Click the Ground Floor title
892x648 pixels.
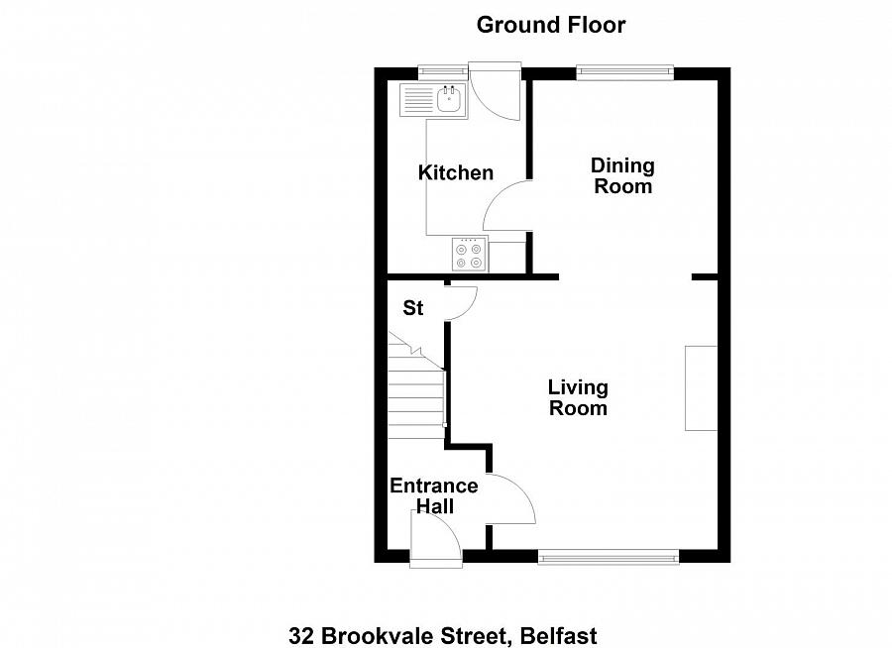pyautogui.click(x=551, y=25)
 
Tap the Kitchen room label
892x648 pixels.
pyautogui.click(x=455, y=173)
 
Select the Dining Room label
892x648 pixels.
pyautogui.click(x=622, y=175)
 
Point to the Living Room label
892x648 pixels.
pyautogui.click(x=578, y=397)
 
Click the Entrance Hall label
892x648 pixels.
pyautogui.click(x=433, y=496)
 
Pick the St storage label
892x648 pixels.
pyautogui.click(x=412, y=309)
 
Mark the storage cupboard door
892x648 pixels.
pyautogui.click(x=462, y=302)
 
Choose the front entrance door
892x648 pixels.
pyautogui.click(x=435, y=540)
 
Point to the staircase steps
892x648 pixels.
pyautogui.click(x=415, y=396)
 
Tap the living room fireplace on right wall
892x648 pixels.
pyautogui.click(x=701, y=387)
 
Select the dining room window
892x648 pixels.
pyautogui.click(x=624, y=72)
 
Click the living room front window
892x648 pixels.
pyautogui.click(x=609, y=558)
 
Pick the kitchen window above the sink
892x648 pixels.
pyautogui.click(x=442, y=71)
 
